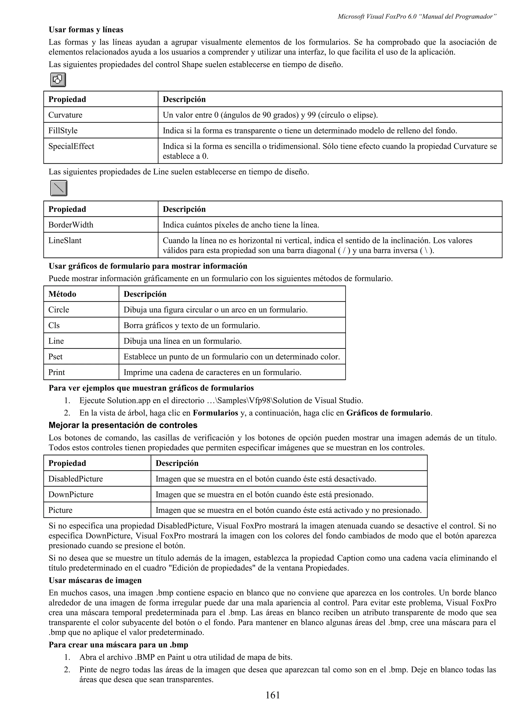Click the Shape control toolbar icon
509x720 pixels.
(x=58, y=80)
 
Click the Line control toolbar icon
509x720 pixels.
(x=59, y=188)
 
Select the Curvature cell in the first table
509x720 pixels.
(x=65, y=115)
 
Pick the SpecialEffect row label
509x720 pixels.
(x=71, y=146)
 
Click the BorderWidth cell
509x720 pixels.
(x=71, y=225)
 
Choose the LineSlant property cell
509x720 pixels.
(x=65, y=240)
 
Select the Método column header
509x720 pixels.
(x=62, y=294)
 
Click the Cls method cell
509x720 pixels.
(x=54, y=325)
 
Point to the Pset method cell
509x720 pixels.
(x=55, y=357)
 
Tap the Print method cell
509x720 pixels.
(x=56, y=372)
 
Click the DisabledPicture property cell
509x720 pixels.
(x=75, y=479)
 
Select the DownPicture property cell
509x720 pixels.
(x=71, y=494)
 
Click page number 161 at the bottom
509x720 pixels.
(x=273, y=695)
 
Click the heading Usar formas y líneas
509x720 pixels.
(x=86, y=30)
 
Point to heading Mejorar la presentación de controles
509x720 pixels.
(x=123, y=425)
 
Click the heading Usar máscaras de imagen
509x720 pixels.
(x=95, y=580)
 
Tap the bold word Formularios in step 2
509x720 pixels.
(x=215, y=413)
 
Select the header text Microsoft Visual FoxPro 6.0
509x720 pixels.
(x=377, y=17)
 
